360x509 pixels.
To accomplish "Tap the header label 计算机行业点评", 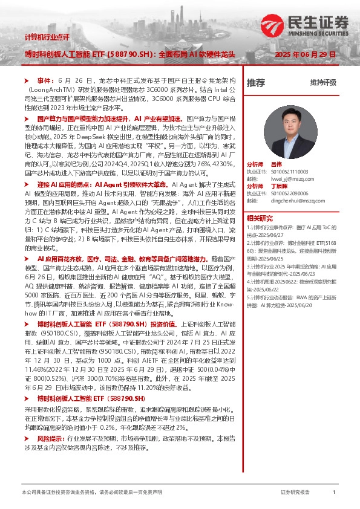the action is pyautogui.click(x=47, y=37).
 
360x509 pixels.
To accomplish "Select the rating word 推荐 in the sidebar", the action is pyautogui.click(x=256, y=82).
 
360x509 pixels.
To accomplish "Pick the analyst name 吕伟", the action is pyautogui.click(x=293, y=165).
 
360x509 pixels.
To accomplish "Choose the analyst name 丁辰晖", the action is pyautogui.click(x=296, y=186).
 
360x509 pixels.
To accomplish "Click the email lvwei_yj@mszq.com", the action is pyautogui.click(x=292, y=179).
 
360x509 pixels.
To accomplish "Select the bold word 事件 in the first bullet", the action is pyautogui.click(x=46, y=80).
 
